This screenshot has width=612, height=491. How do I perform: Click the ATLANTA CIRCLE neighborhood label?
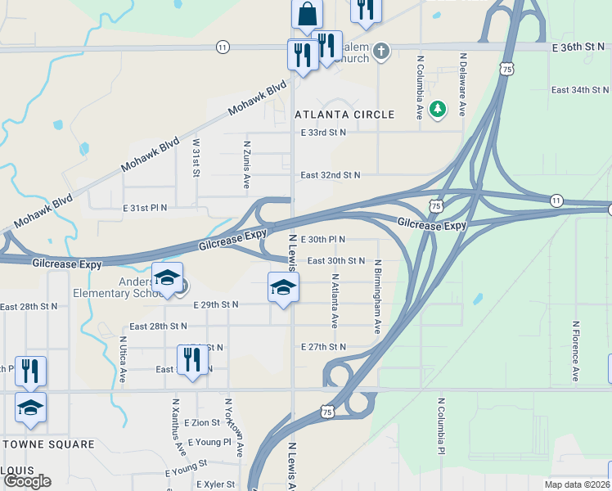[x=344, y=115]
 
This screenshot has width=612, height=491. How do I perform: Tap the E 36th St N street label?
[x=578, y=48]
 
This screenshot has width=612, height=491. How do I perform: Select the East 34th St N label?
[x=580, y=90]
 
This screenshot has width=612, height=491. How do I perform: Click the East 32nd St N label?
[x=330, y=175]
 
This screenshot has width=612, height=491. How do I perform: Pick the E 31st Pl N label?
[x=145, y=209]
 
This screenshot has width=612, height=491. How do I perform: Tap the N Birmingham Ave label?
[x=378, y=297]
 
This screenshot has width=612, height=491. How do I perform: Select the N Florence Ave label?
[x=576, y=351]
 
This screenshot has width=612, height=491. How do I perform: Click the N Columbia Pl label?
[x=441, y=426]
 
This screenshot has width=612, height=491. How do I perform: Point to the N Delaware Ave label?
[x=463, y=84]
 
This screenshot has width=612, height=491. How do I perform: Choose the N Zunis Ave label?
[x=246, y=164]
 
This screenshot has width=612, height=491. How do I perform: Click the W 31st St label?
[x=196, y=156]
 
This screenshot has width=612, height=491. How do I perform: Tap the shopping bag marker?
[x=307, y=15]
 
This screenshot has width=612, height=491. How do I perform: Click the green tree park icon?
[x=439, y=108]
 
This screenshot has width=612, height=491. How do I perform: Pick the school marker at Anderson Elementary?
[x=167, y=278]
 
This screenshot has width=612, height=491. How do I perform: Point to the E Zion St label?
[x=202, y=423]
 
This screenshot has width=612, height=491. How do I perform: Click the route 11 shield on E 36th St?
[x=223, y=48]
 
